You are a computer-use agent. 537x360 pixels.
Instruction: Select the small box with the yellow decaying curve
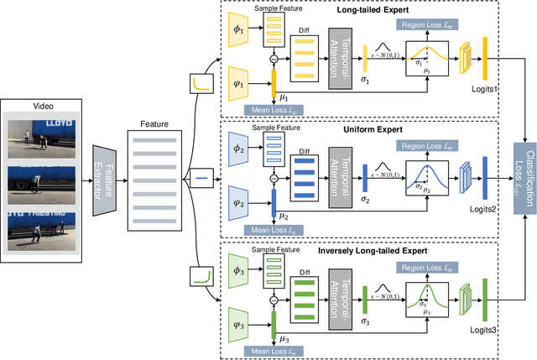[201, 84]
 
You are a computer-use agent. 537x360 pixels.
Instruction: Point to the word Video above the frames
[42, 107]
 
